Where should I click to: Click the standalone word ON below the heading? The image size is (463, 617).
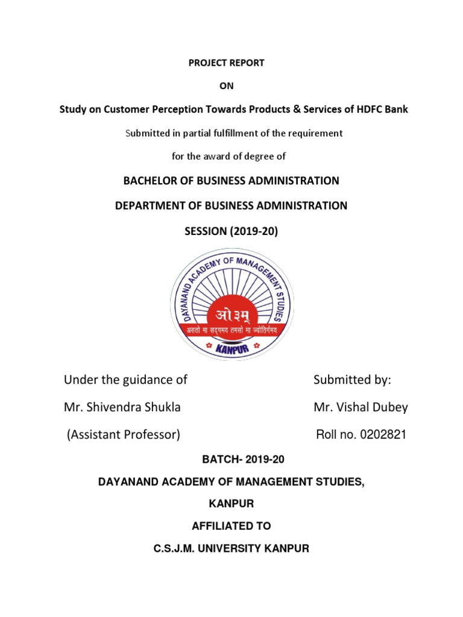coord(227,86)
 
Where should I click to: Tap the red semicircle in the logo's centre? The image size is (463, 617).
coord(231,314)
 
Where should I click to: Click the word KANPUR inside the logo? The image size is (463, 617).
coord(231,348)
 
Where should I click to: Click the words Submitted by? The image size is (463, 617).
coord(352,380)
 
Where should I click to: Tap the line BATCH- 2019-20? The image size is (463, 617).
coord(232,459)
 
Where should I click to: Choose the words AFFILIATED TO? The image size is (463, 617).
coord(231,526)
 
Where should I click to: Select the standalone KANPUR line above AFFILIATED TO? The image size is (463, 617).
coord(231,503)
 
